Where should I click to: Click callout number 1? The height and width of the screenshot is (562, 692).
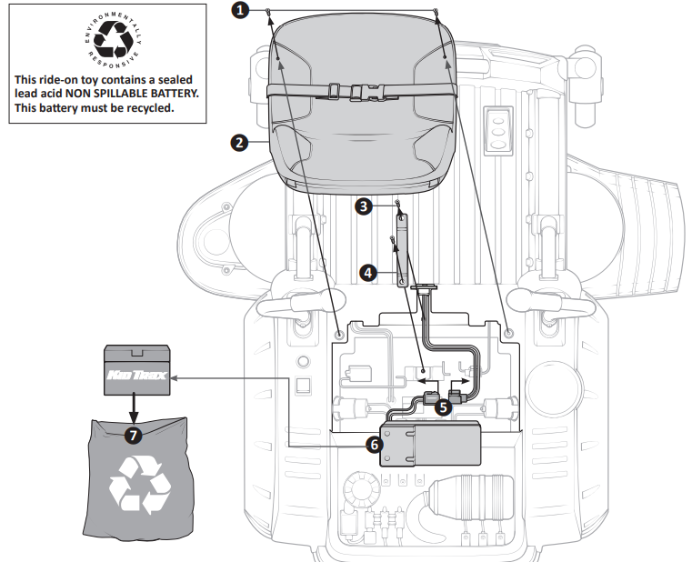tap(239, 10)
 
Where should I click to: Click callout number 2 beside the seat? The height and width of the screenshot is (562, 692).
tap(238, 142)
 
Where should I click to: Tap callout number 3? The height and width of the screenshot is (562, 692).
tap(364, 206)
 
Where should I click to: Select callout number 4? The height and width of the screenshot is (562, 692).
tap(367, 272)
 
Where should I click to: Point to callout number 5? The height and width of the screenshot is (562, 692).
tap(443, 407)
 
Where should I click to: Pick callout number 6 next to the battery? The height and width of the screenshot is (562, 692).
tap(372, 445)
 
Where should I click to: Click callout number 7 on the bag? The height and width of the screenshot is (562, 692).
tap(134, 436)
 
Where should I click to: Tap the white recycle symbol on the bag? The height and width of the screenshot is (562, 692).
tap(139, 485)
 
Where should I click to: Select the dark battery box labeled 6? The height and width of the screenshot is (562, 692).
tap(430, 443)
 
